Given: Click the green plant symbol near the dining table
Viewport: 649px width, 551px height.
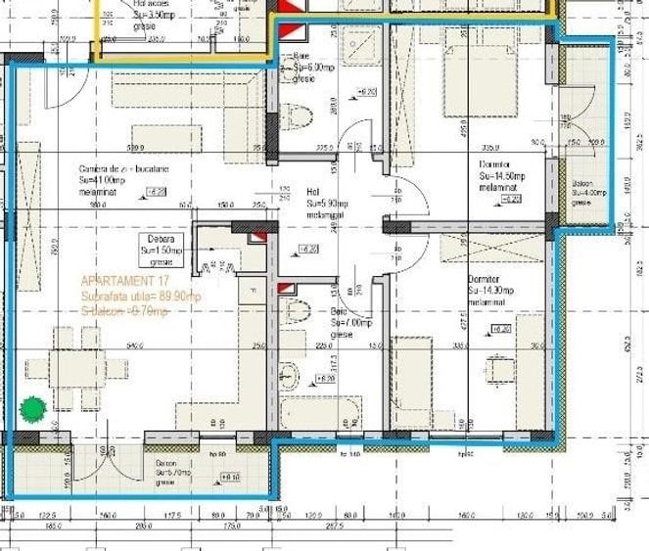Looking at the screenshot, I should [34, 407].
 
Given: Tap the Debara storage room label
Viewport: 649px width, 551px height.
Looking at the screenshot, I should [162, 239].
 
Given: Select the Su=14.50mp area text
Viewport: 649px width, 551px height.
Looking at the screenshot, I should [502, 176].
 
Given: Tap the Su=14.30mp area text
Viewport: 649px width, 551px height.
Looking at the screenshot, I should [488, 291].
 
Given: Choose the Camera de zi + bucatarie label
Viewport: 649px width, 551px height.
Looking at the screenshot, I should [124, 168].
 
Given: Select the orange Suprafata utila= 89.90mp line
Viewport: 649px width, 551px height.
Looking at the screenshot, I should [141, 296].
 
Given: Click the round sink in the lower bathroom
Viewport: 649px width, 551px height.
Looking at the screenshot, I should [290, 374].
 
